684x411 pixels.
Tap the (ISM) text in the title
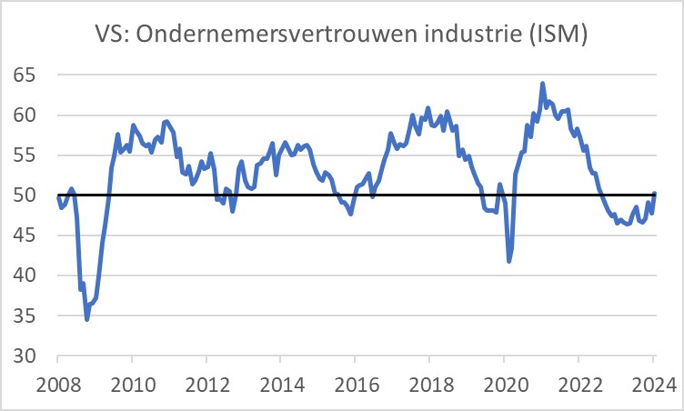(556, 35)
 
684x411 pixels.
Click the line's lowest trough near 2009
(87, 319)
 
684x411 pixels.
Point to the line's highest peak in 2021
(543, 84)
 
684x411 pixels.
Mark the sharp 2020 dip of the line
(509, 261)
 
